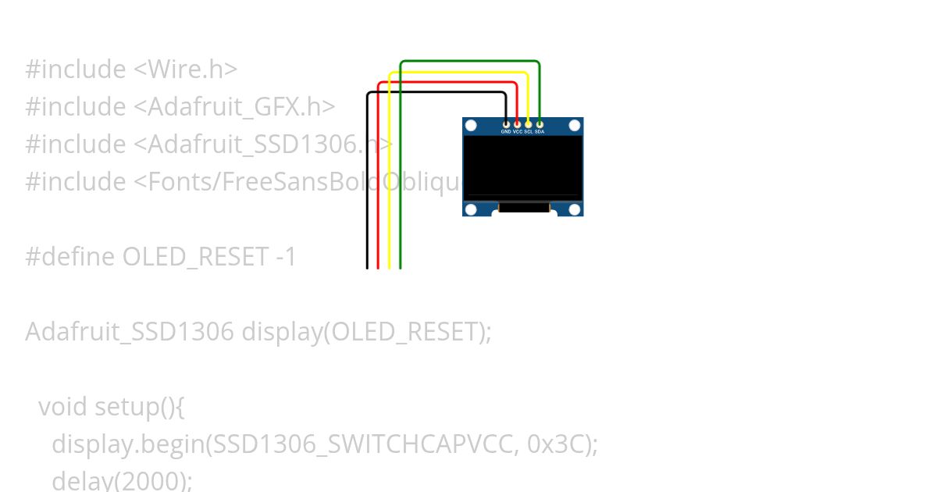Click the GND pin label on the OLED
506,132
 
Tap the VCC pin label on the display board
517,132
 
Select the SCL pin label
529,132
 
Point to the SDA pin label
540,132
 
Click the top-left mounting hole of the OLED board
471,125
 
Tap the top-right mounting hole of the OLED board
575,125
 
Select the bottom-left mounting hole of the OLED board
471,209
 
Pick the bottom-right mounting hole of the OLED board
575,209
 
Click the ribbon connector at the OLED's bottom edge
523,208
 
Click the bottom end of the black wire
367,266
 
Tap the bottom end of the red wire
378,266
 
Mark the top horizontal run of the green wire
468,61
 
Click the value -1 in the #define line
287,257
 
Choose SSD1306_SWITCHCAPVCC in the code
362,444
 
